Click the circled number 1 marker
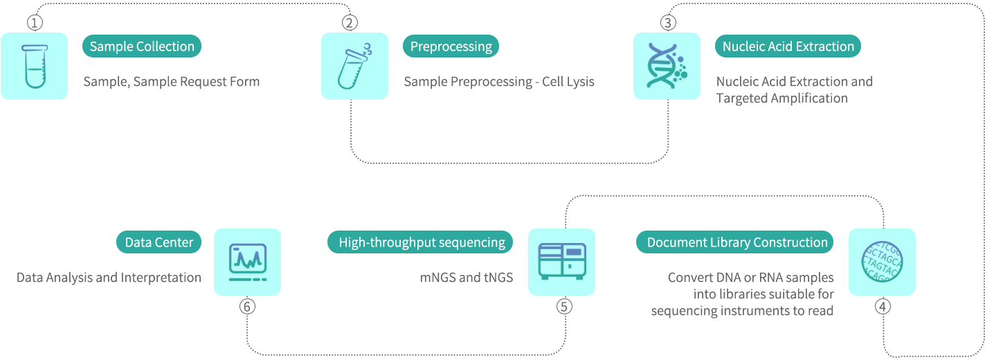(35, 23)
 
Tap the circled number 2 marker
(350, 23)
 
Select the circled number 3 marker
(667, 23)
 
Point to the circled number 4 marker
(883, 306)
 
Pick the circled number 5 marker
(564, 306)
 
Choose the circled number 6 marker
(247, 306)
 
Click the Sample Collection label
(142, 46)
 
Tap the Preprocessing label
(451, 46)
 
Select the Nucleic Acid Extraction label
(788, 46)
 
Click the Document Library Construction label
(737, 242)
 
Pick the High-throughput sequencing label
(422, 242)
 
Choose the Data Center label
(159, 242)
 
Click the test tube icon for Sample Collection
(34, 66)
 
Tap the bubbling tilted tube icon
(354, 66)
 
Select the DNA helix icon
(667, 66)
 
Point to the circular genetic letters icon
(882, 262)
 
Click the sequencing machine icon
(561, 262)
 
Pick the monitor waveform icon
(247, 262)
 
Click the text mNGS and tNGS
(467, 278)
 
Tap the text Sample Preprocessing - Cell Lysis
(499, 82)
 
